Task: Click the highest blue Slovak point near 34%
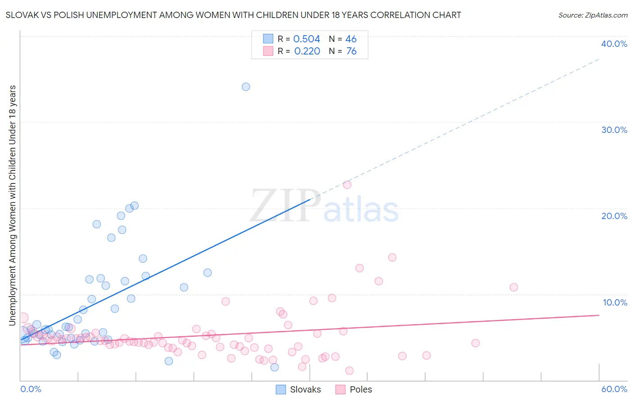pos(246,87)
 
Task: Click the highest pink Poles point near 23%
pos(347,185)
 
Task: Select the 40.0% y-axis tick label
pos(614,44)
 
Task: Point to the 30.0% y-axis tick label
pos(614,130)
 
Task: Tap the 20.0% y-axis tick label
pos(614,216)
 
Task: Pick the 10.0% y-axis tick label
pos(615,302)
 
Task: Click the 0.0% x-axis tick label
pos(31,389)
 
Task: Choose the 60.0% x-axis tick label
pos(614,389)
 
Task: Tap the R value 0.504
pos(307,39)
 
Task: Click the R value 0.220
pos(307,51)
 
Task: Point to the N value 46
pos(351,39)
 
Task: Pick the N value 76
pos(351,51)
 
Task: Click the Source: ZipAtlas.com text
pos(592,15)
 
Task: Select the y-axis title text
pos(12,205)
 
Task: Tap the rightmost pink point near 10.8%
pos(514,287)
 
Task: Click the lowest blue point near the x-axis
pos(275,367)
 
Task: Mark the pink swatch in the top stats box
pos(268,51)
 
